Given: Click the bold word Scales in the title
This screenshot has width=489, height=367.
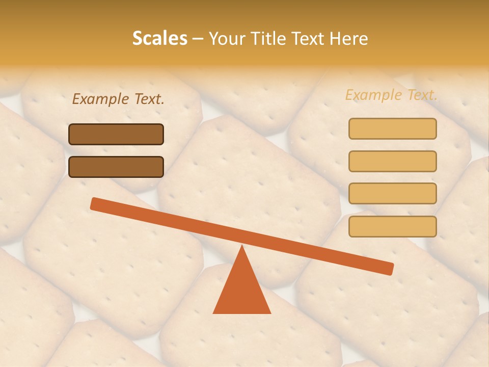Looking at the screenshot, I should [x=160, y=38].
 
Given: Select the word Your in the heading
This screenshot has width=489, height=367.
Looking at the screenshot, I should [x=227, y=38].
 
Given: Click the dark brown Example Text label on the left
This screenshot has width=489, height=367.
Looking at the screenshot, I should [x=118, y=99].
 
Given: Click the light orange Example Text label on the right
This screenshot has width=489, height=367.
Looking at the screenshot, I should [x=391, y=95].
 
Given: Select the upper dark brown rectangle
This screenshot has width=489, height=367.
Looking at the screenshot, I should [x=116, y=134].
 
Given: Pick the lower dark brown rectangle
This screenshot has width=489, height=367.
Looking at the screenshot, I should [x=116, y=167].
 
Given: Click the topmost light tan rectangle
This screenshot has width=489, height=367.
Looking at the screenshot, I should [x=392, y=128].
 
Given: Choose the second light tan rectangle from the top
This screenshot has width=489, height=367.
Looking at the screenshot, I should [x=392, y=161].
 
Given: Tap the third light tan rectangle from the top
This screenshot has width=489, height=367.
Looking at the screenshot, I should [x=392, y=194].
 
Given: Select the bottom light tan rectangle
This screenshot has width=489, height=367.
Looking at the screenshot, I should [x=392, y=226].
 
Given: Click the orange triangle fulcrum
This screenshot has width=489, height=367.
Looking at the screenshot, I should [x=242, y=291].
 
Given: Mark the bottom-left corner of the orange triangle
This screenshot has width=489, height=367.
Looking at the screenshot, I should [x=213, y=313].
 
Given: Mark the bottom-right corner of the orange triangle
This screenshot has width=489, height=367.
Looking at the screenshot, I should [x=270, y=313].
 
